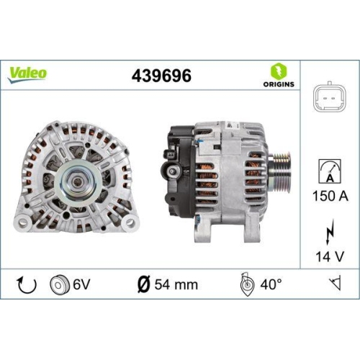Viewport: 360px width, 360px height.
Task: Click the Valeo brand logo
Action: coord(28,73)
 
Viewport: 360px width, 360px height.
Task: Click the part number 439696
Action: coord(162,74)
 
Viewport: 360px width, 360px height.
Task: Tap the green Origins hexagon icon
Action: coord(279,71)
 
